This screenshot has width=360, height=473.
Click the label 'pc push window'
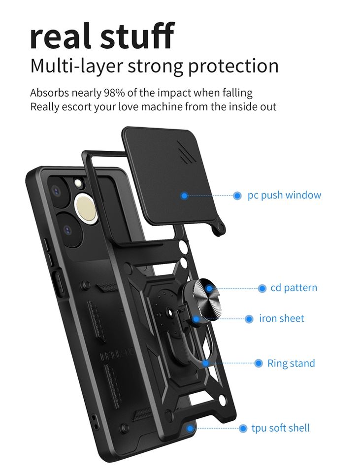click(284, 195)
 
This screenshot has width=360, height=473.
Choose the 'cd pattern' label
click(294, 288)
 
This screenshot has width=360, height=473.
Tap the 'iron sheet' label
click(282, 319)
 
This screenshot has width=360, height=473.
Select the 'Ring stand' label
click(291, 364)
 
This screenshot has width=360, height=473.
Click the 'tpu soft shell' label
click(281, 428)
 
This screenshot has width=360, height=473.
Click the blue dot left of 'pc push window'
click(237, 196)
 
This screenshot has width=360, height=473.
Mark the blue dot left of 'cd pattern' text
click(262, 288)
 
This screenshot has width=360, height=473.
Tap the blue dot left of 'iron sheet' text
click(249, 319)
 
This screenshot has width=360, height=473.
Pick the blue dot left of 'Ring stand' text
click(259, 364)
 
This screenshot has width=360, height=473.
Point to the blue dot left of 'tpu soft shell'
click(243, 428)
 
